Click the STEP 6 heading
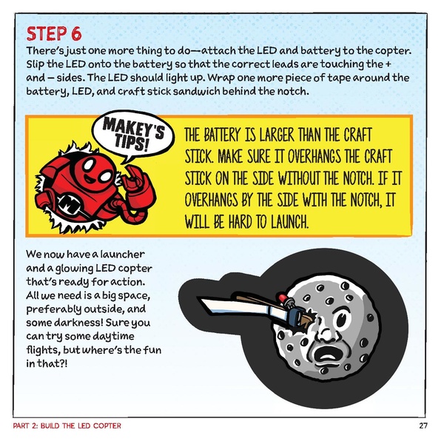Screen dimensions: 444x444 pyautogui.click(x=54, y=33)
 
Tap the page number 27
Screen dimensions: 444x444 pyautogui.click(x=423, y=425)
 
